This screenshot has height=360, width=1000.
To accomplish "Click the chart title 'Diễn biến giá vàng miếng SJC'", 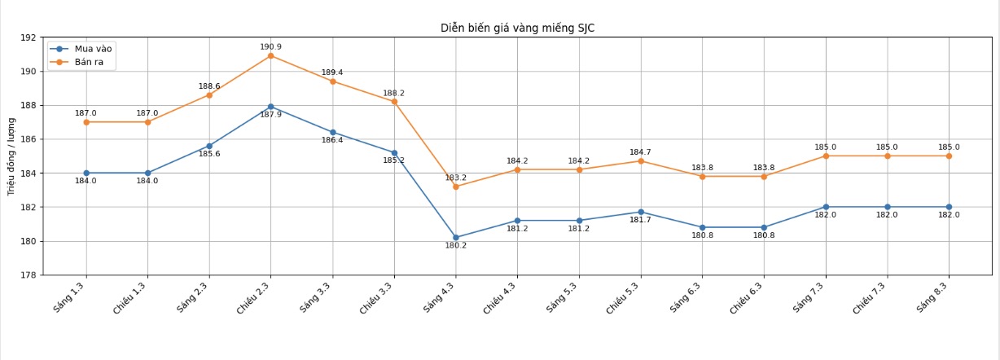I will click(517, 28).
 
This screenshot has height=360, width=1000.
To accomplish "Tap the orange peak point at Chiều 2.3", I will click(270, 55).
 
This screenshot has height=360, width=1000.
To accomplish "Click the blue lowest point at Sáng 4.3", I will click(455, 238).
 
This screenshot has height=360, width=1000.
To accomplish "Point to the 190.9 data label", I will click(270, 46).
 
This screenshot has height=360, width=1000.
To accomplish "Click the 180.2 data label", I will click(455, 246).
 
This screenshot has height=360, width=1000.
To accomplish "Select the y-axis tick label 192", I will click(29, 37).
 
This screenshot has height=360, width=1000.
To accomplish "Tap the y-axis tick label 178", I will click(29, 275).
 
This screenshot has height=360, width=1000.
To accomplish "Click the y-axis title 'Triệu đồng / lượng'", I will click(11, 156).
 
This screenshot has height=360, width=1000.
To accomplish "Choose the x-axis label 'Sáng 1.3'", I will click(70, 296).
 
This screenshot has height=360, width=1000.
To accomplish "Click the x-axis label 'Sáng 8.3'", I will click(933, 296).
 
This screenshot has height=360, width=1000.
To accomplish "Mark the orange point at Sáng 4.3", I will click(455, 187).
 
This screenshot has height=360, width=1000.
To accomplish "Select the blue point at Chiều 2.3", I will click(270, 107).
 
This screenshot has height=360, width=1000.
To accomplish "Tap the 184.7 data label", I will click(640, 152).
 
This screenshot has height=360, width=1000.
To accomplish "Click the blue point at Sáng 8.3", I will click(949, 207).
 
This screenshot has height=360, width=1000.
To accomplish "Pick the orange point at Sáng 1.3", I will click(86, 122).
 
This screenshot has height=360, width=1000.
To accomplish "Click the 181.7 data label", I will click(640, 220).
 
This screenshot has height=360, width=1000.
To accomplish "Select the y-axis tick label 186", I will click(29, 139).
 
